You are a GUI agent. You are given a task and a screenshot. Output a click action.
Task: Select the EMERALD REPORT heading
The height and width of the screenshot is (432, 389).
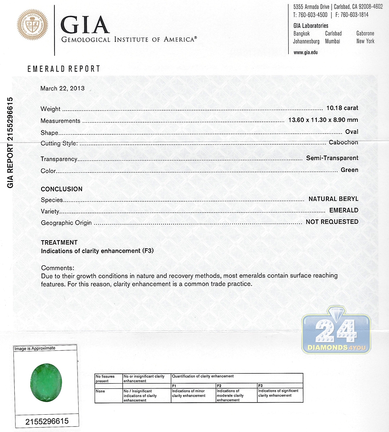[x=64, y=69]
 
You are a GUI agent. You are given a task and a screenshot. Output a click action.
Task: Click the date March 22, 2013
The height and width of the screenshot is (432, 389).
[x=62, y=89]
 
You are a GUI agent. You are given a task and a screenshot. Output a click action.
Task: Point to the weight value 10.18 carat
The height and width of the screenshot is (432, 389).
[x=342, y=108]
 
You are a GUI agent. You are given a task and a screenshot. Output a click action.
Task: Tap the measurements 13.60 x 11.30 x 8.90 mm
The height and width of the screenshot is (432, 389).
[x=323, y=120]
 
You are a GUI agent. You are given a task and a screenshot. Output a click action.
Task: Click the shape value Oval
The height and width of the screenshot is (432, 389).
[x=351, y=132]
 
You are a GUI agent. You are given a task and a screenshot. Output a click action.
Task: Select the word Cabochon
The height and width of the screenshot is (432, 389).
[x=343, y=143]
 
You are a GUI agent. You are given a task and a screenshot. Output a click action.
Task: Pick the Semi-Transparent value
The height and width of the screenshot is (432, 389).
[x=332, y=158]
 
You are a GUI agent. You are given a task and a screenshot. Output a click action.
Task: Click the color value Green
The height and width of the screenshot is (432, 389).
[x=349, y=170]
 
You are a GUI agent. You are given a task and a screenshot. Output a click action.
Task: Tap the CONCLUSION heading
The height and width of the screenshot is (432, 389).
[x=61, y=189]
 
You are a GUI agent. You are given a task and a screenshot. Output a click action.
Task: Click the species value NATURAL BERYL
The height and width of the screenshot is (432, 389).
[x=333, y=199]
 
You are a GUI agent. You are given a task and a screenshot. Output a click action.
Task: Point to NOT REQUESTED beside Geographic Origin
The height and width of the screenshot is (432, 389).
[x=332, y=222]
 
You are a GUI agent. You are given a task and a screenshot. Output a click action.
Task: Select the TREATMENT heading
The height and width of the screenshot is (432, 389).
[x=59, y=242]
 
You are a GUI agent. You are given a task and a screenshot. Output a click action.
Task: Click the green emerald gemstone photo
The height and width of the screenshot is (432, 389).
[x=46, y=382]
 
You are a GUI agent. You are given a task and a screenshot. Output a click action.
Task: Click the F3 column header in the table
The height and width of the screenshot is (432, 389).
[x=260, y=385]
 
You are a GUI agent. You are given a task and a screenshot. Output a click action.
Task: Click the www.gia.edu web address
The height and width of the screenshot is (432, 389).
[x=306, y=52]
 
